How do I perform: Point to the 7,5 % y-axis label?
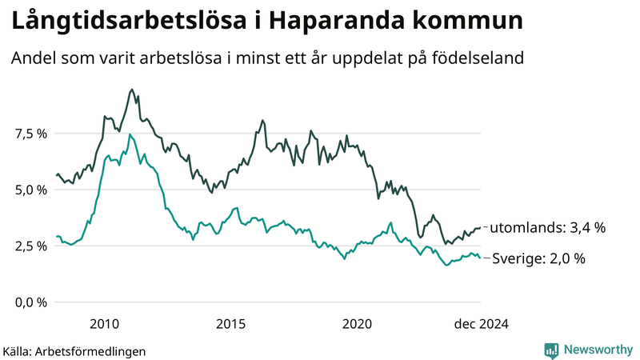click(x=31, y=134)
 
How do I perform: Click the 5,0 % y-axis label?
click(x=31, y=190)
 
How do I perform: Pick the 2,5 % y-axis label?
click(x=31, y=246)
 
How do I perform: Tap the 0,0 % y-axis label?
click(x=31, y=302)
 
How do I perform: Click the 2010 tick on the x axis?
click(x=105, y=323)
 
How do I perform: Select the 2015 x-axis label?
click(x=230, y=323)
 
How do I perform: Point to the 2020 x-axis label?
click(x=357, y=323)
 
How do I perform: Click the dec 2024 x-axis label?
click(x=481, y=323)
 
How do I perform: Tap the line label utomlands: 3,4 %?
click(x=547, y=228)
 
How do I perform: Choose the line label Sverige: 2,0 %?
click(x=538, y=258)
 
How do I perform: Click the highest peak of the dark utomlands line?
click(x=132, y=90)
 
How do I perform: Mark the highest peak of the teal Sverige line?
click(x=130, y=134)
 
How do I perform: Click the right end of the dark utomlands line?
click(x=480, y=228)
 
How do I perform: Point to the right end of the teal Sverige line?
click(x=480, y=258)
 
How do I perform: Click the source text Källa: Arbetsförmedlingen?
click(x=74, y=350)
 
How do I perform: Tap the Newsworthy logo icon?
click(x=551, y=349)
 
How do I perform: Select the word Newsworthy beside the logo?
click(x=598, y=349)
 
